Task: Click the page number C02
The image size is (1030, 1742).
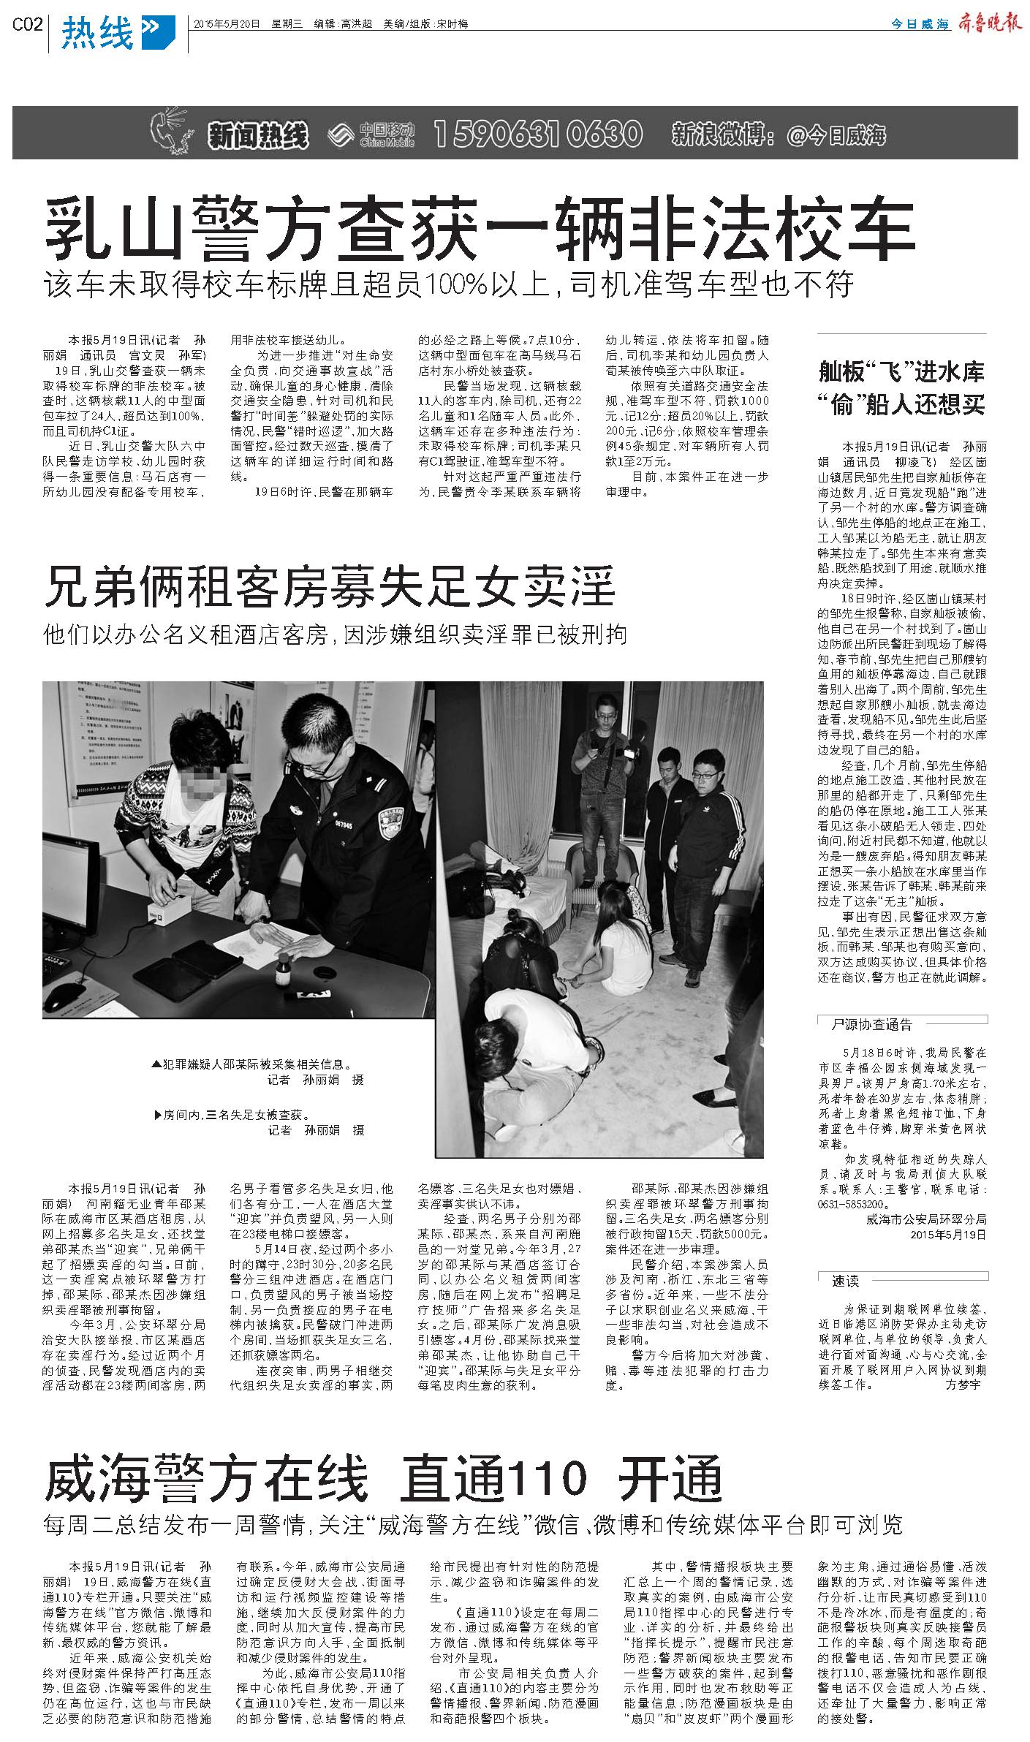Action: coord(27,25)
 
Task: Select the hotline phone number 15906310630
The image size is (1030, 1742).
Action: coord(538,134)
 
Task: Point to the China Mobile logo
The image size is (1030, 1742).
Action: coord(372,134)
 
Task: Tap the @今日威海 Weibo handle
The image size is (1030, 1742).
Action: coord(836,135)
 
